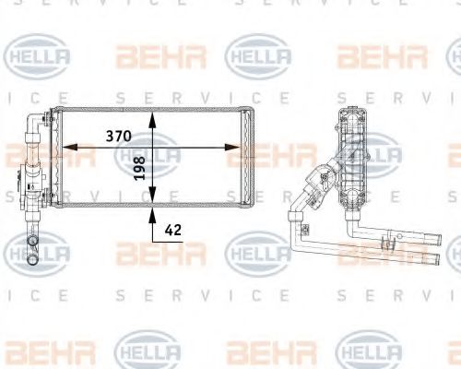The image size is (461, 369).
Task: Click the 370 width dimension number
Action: point(119,136)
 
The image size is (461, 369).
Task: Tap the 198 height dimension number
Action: point(139,168)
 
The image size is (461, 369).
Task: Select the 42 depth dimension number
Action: point(173,230)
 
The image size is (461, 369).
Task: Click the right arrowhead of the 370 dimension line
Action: point(232,148)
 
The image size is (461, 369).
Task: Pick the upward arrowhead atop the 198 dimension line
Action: point(152,119)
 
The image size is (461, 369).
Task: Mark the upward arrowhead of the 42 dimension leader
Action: point(152,215)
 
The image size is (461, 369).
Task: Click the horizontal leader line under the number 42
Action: point(168,242)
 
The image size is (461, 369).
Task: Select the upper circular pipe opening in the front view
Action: point(32,241)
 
